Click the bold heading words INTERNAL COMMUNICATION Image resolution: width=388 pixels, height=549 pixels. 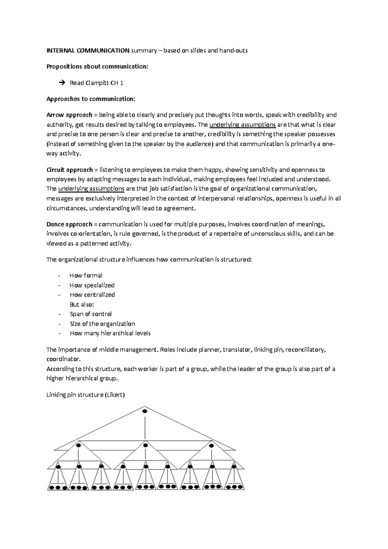tap(88, 50)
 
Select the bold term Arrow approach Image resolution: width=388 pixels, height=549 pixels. tap(69, 115)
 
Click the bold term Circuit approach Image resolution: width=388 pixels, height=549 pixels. tap(70, 170)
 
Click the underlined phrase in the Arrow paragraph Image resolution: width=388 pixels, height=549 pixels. tap(242, 125)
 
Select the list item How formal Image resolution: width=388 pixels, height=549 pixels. tap(86, 275)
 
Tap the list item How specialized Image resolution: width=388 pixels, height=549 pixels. tap(92, 285)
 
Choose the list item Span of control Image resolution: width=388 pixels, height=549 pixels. tap(91, 314)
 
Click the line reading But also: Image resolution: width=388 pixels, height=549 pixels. tap(81, 305)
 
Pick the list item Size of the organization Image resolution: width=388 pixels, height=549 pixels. tap(102, 324)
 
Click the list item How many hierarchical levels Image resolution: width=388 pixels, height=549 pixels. tap(110, 333)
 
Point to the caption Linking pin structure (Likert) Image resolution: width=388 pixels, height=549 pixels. tap(85, 395)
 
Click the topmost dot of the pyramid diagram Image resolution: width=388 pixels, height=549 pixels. tap(145, 411)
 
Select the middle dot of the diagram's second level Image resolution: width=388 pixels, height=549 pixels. tap(145, 445)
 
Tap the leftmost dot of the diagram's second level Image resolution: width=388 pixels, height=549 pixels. tap(78, 445)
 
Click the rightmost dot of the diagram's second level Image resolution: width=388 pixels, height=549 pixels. tap(211, 446)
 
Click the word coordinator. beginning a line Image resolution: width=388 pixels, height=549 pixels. tap(63, 359)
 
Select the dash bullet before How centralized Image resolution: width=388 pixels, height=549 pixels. tap(59, 295)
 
